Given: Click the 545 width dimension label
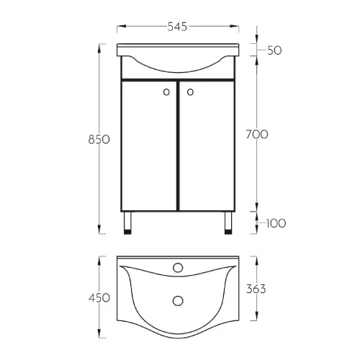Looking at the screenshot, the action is (x=177, y=27).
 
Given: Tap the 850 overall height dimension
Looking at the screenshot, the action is (x=99, y=140).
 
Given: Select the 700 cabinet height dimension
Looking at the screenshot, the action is (x=257, y=134).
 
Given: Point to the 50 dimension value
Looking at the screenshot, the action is (x=274, y=50).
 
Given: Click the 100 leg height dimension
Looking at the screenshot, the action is (x=276, y=223).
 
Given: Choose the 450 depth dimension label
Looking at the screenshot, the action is (x=99, y=298).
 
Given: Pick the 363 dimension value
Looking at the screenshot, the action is (x=256, y=289).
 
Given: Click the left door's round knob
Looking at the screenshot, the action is (x=166, y=92).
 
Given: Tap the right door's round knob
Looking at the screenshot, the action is (x=190, y=92).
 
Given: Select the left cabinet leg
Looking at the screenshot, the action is (x=127, y=223).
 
